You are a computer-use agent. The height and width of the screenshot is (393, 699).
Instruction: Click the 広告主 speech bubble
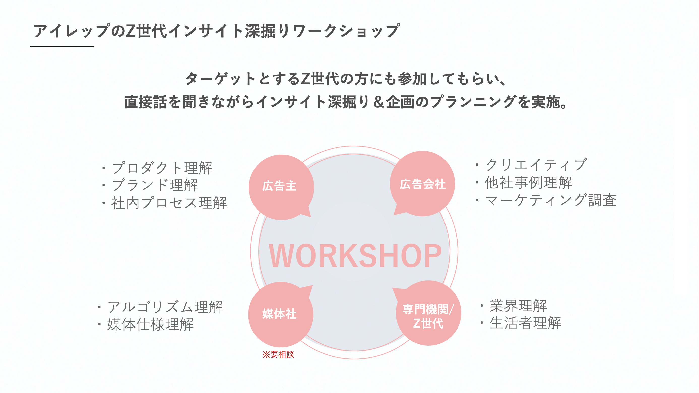click(281, 187)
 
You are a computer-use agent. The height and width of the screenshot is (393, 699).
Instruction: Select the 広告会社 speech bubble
click(422, 184)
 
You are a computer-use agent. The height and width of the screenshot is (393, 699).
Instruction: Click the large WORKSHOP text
click(355, 255)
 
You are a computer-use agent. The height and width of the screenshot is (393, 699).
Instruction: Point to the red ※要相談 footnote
click(278, 354)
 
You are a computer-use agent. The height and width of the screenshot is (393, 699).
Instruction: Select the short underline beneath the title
click(62, 47)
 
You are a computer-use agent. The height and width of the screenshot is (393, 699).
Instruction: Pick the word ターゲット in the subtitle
click(220, 79)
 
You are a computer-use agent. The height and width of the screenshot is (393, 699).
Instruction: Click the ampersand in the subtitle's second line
click(378, 102)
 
